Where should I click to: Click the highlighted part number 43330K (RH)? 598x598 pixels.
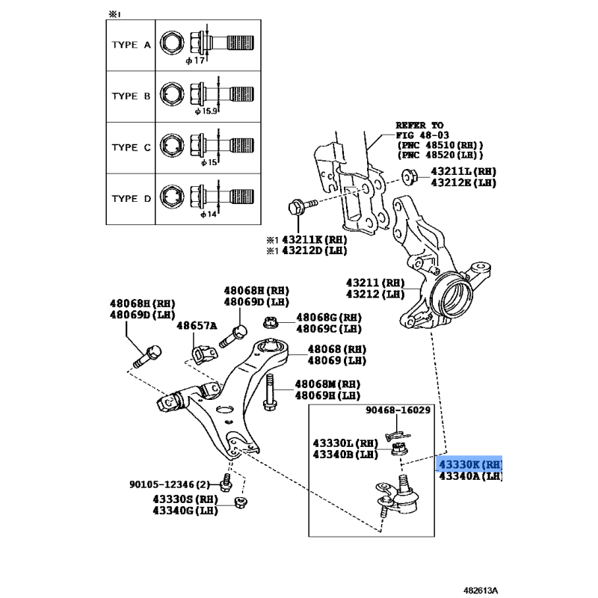[469, 464]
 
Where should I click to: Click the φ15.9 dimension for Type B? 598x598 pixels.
[206, 111]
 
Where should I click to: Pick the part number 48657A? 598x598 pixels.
[196, 326]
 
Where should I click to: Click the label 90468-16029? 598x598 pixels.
[398, 410]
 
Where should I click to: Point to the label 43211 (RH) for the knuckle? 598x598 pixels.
[374, 283]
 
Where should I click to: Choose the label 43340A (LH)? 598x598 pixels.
[470, 476]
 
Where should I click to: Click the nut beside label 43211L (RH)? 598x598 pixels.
[410, 176]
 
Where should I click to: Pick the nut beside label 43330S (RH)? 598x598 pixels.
[241, 504]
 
